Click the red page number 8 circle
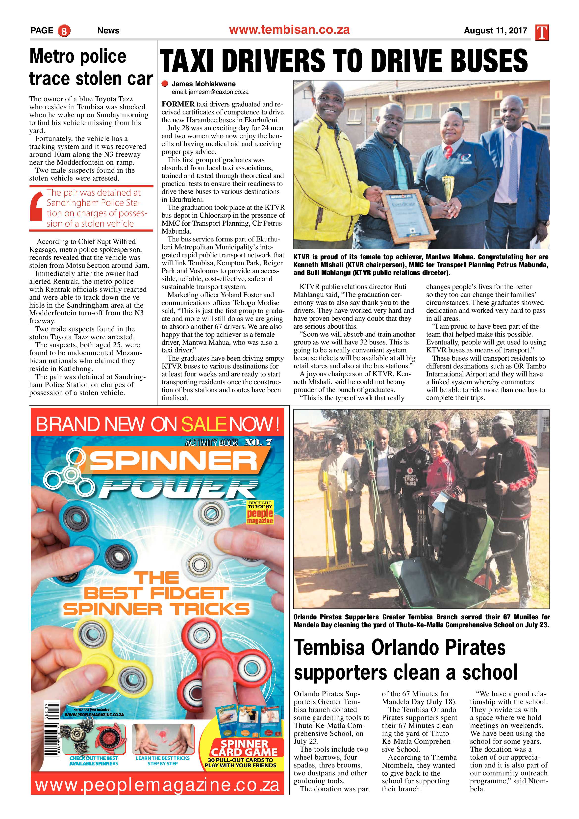pos(64,31)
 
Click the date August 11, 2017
pos(495,31)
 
